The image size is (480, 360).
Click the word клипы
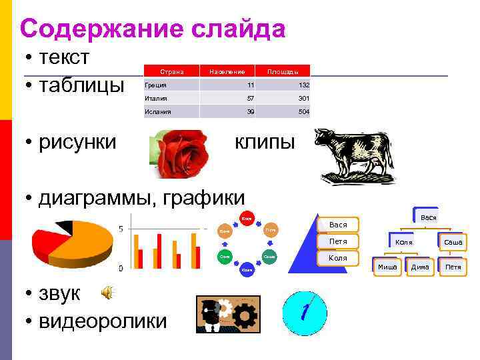pos(264,141)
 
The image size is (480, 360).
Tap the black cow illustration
pos(355,155)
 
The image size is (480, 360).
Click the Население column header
pos(227,71)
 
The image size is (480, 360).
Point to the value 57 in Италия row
pos(250,99)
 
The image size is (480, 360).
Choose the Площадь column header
pos(283,71)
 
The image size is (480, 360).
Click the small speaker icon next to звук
pos(107,291)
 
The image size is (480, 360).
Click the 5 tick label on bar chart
pos(121,229)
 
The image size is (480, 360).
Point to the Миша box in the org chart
pos(387,267)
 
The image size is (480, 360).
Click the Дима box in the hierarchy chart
pos(420,267)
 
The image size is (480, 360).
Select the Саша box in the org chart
pos(453,243)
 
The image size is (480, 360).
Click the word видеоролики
pos(103,321)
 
